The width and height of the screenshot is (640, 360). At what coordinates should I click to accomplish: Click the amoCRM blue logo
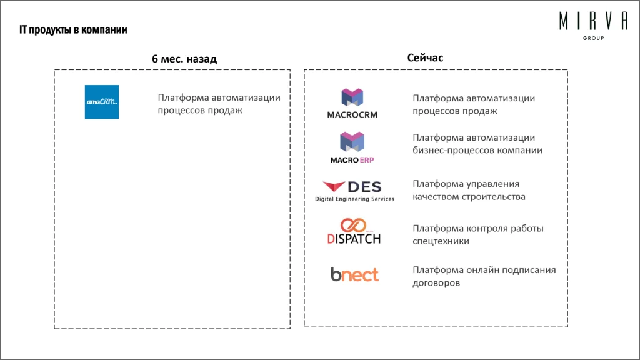tap(102, 102)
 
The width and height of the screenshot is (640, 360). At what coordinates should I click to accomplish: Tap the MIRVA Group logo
tap(593, 24)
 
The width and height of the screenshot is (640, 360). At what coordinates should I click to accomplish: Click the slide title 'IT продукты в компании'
tap(73, 30)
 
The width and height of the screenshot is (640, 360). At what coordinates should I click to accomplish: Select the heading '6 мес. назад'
tap(184, 59)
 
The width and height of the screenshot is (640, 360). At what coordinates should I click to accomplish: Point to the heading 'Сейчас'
tap(425, 57)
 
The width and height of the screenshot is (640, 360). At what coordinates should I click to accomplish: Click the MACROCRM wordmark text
tap(352, 115)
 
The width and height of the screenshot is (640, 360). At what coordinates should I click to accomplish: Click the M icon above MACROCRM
tap(352, 98)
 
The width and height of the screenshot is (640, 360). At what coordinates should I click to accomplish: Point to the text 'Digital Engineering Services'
tap(354, 199)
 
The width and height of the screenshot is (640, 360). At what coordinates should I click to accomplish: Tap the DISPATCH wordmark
tap(354, 238)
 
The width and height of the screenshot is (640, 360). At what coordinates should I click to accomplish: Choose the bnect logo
tap(354, 274)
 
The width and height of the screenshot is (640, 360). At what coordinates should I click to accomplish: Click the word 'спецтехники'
tap(441, 241)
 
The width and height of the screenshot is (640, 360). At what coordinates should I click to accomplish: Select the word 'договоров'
tap(436, 283)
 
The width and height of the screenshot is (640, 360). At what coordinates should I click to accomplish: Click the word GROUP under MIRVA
tap(593, 38)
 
